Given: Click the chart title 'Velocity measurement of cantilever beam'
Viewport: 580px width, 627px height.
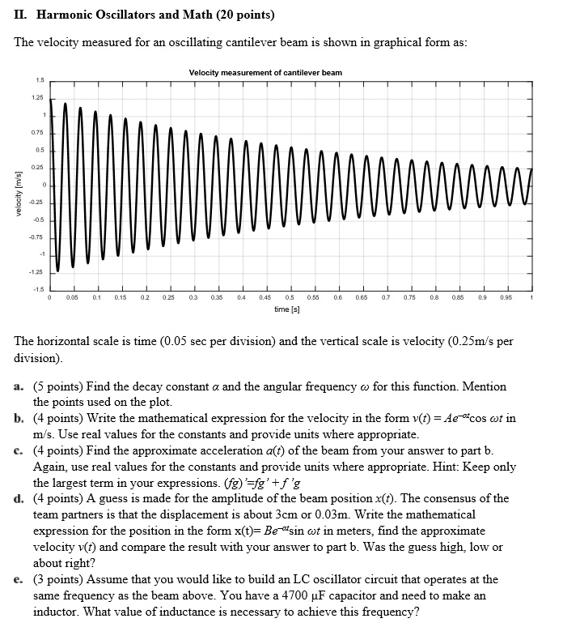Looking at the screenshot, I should pos(265,73).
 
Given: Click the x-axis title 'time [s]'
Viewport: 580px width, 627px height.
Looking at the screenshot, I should pos(287,309).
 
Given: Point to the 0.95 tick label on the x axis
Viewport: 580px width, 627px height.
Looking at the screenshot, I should pos(507,298).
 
